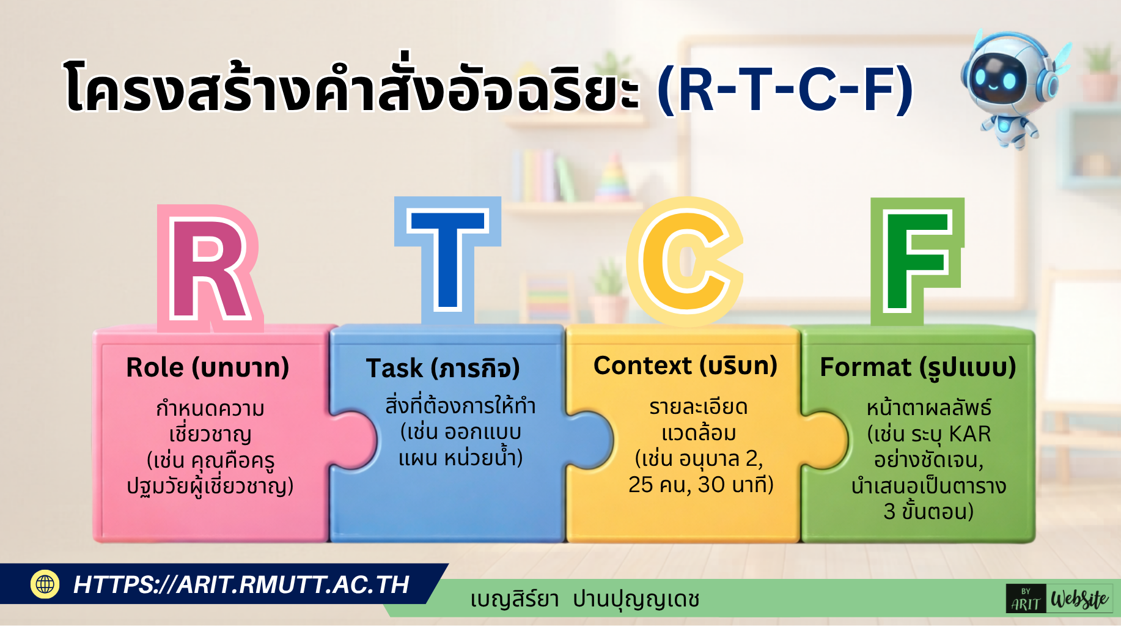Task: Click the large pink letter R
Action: (210, 269)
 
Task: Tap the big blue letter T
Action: (448, 260)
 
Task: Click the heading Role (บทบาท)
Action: (208, 368)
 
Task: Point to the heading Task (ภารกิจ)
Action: (443, 369)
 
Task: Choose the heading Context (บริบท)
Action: (685, 366)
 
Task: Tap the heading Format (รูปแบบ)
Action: (917, 368)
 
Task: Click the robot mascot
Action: (1009, 86)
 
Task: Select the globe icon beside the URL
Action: (45, 584)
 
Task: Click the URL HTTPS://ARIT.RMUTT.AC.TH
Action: (241, 584)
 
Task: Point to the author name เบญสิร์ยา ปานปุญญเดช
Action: (584, 600)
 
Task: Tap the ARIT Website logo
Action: (1059, 599)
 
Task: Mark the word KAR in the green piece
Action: (970, 434)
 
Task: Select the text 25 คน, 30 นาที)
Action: (700, 485)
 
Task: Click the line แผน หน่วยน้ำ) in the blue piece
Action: (460, 457)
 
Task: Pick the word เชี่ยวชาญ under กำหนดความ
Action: (210, 434)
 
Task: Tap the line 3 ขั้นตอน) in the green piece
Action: (928, 511)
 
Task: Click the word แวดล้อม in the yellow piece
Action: (699, 433)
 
